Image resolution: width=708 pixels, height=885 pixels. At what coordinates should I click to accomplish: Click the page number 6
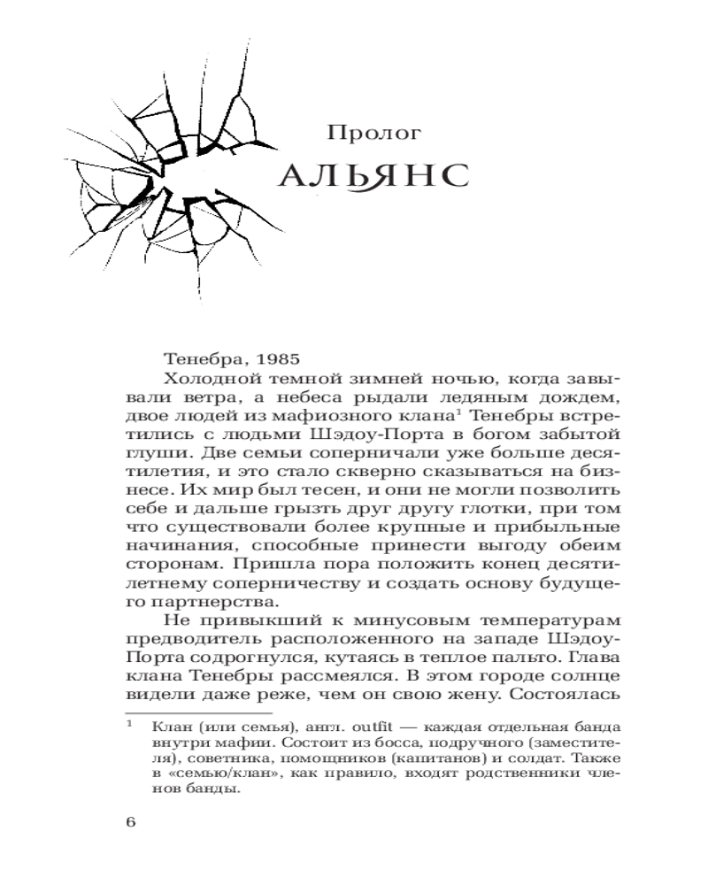coord(130,823)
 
